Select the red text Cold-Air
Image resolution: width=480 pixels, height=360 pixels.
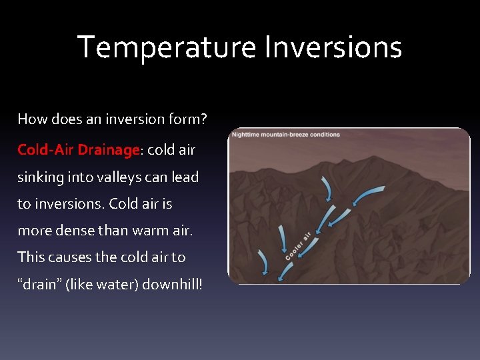(x=46, y=150)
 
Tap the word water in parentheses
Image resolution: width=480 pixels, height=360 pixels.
(x=106, y=284)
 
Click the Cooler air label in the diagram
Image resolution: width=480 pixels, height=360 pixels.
(x=299, y=245)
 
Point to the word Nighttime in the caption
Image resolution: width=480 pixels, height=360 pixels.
(x=250, y=135)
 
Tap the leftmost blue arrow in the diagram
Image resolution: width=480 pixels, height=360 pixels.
(x=263, y=264)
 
